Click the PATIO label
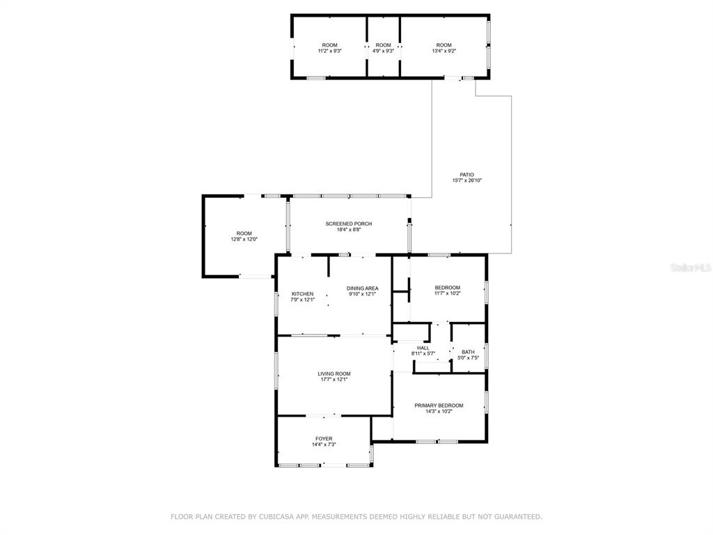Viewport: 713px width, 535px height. tap(467, 175)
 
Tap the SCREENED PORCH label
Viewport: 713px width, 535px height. tap(349, 224)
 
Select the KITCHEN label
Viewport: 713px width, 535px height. tap(302, 294)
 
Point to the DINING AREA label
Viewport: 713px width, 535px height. tap(362, 288)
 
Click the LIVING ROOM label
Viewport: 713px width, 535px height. tap(334, 374)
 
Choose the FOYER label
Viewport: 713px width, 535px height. tap(324, 439)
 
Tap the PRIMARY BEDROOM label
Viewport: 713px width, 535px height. tap(439, 406)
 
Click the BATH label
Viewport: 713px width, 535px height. tap(468, 352)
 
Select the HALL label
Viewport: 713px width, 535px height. tap(423, 348)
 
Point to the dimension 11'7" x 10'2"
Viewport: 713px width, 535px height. tap(448, 293)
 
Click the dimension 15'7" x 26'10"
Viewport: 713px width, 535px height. tap(467, 180)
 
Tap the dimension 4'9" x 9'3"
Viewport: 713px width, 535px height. tap(384, 51)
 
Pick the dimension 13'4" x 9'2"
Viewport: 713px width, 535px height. tap(444, 51)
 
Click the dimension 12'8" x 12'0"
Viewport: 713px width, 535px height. tap(244, 240)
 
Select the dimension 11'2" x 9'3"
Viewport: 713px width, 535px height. tap(329, 51)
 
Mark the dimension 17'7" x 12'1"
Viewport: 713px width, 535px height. tap(334, 380)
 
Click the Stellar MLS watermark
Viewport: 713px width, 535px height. tap(691, 267)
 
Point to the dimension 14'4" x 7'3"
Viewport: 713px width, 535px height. tap(324, 445)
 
